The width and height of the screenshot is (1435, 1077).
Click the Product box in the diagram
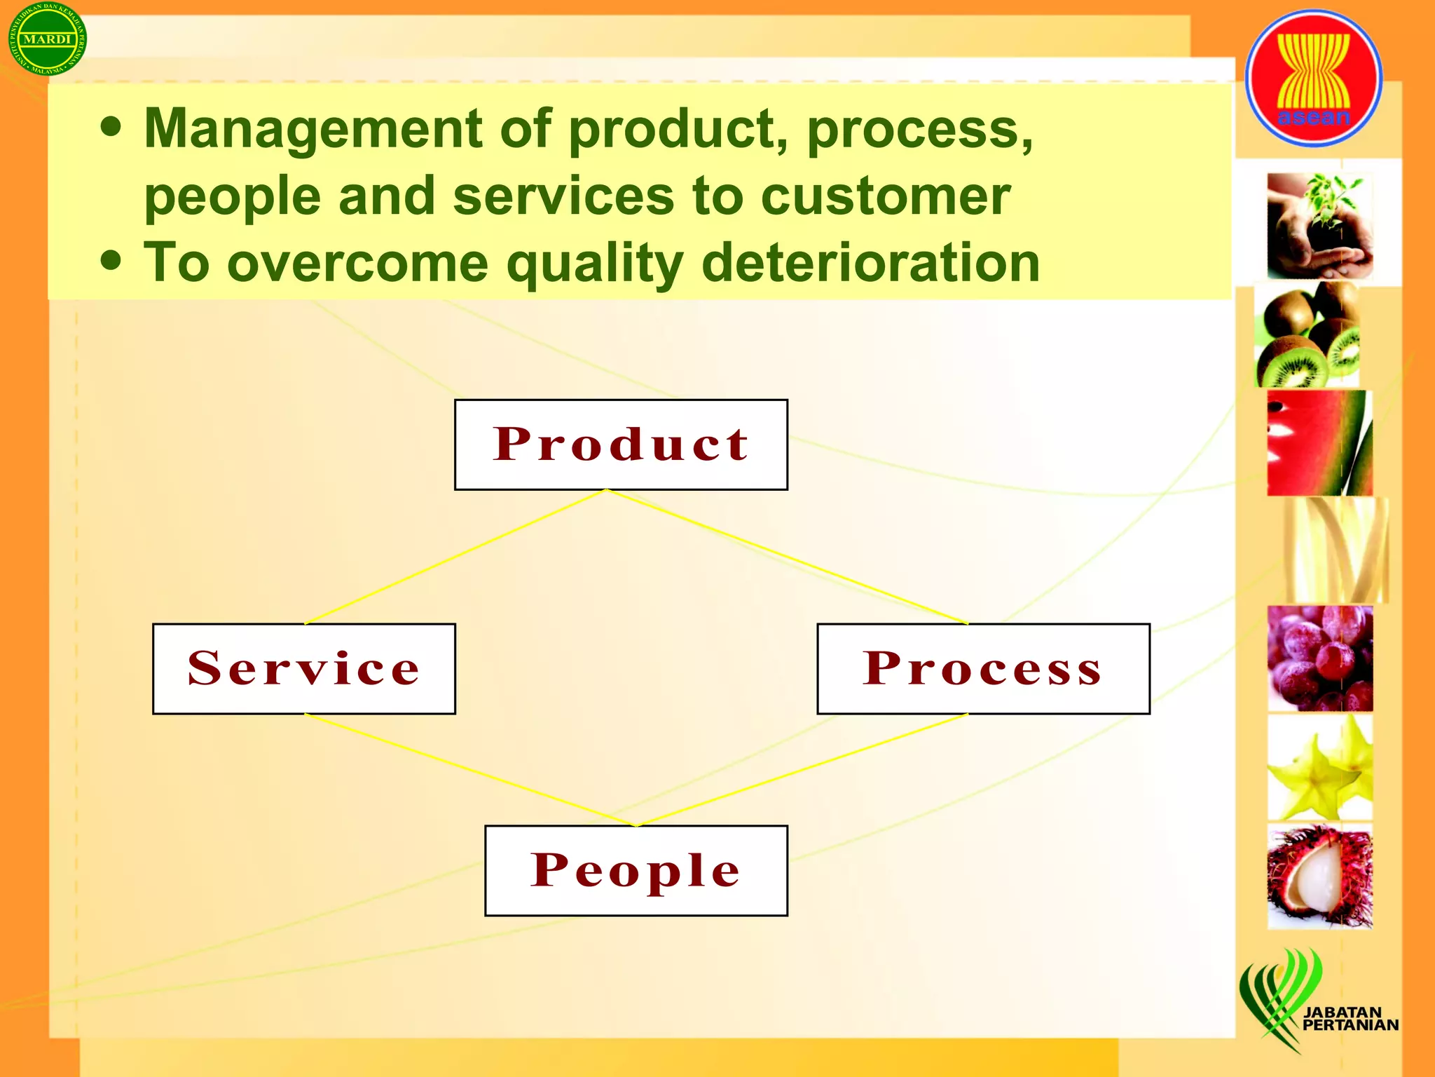click(x=621, y=445)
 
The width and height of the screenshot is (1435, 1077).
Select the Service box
click(x=303, y=668)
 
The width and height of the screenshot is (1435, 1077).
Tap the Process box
click(x=982, y=668)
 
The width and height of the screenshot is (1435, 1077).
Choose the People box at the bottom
click(x=636, y=870)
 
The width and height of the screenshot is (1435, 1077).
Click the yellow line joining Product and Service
click(x=455, y=557)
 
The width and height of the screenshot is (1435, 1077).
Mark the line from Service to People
click(x=469, y=770)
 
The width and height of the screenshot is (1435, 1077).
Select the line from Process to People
click(x=802, y=770)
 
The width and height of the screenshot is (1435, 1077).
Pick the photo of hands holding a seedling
click(x=1319, y=226)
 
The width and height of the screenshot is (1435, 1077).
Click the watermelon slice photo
click(x=1319, y=443)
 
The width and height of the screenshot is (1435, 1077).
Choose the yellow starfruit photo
click(x=1319, y=768)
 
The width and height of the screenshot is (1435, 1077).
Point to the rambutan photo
click(x=1319, y=876)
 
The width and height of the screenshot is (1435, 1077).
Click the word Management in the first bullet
click(x=313, y=129)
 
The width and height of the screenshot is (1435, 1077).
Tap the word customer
click(x=885, y=196)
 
